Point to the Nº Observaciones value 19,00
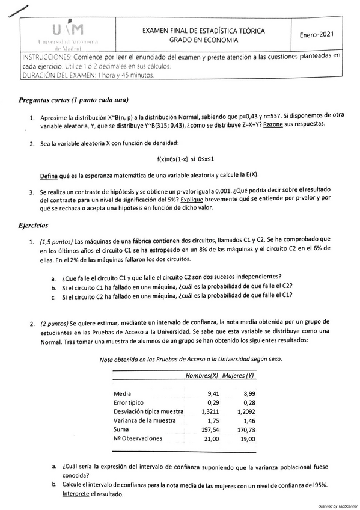(x=246, y=439)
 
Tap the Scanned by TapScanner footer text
(x=337, y=506)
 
